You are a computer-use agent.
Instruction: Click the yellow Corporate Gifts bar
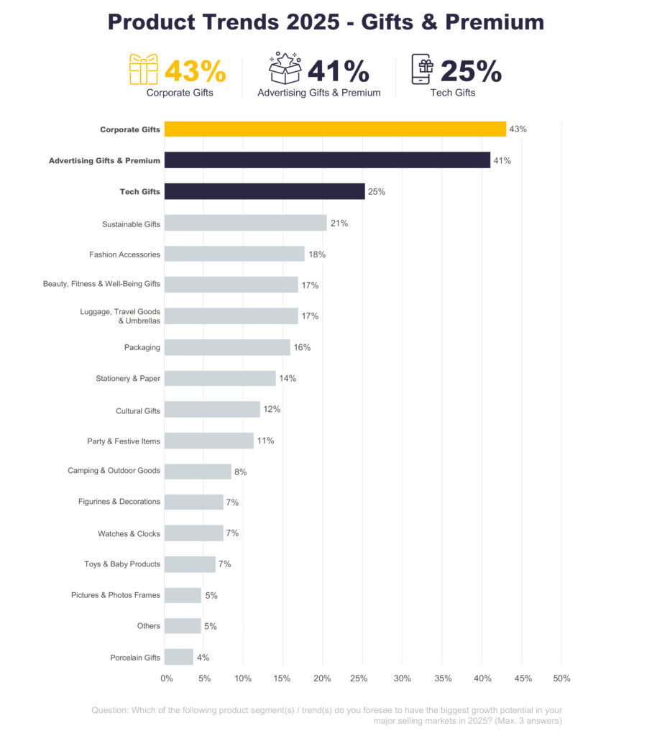tap(335, 129)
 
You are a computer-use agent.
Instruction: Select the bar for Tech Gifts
tap(265, 191)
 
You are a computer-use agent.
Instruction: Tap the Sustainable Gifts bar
tap(245, 223)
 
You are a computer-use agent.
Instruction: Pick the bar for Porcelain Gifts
tap(178, 657)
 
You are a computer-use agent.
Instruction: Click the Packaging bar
tap(227, 347)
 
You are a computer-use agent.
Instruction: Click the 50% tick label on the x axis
tap(561, 678)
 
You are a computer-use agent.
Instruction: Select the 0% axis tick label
tap(167, 678)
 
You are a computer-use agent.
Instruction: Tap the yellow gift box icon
tap(143, 69)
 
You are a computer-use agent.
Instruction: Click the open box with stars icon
tap(285, 68)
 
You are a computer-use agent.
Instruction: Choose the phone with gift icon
tap(423, 70)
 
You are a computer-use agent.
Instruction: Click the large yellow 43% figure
tap(195, 71)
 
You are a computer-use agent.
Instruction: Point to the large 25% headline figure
tap(471, 71)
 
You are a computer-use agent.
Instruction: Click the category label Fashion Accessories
tap(124, 254)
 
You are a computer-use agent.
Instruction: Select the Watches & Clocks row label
tap(129, 534)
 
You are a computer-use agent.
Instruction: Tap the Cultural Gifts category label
tap(138, 411)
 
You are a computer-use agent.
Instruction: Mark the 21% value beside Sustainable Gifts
tap(339, 224)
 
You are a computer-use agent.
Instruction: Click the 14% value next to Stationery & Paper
tap(288, 378)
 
